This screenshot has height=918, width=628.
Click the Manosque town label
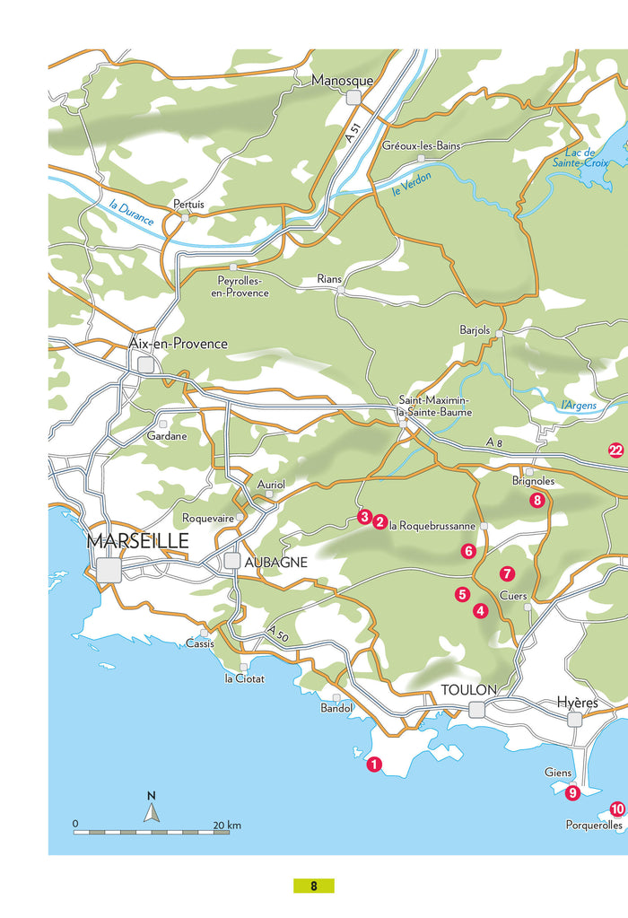342,81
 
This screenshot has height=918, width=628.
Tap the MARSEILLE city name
137,541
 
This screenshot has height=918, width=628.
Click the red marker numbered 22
615,450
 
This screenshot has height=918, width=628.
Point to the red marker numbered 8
537,501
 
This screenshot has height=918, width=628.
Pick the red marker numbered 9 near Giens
572,791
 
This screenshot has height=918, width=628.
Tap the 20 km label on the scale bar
227,825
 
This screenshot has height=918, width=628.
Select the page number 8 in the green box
314,886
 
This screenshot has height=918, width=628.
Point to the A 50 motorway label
277,635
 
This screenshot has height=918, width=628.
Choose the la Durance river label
131,213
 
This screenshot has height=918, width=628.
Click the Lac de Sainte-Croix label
587,158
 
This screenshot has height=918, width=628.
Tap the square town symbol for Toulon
476,710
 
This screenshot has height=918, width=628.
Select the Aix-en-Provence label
179,344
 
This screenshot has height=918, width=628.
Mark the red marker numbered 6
467,551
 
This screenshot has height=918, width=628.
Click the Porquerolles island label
594,825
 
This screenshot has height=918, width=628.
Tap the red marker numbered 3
364,517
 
